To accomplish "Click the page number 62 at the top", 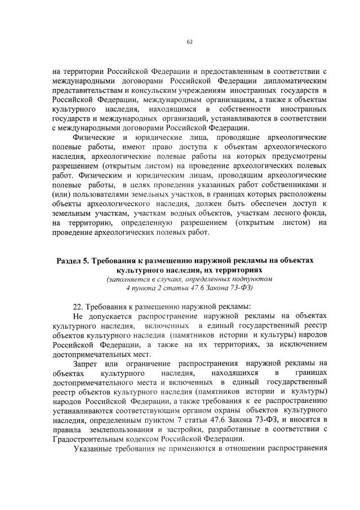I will [190, 42].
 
